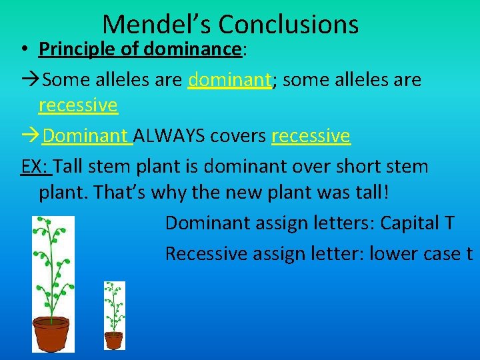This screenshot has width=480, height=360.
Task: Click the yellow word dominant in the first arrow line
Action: (230, 80)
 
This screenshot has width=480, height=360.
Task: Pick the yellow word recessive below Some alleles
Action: (78, 105)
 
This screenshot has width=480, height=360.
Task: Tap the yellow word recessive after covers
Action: (311, 136)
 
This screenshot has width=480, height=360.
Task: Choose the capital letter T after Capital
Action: (449, 223)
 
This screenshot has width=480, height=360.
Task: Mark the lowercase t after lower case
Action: (469, 253)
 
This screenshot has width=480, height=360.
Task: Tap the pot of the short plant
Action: (114, 340)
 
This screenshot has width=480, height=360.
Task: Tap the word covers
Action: (237, 136)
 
